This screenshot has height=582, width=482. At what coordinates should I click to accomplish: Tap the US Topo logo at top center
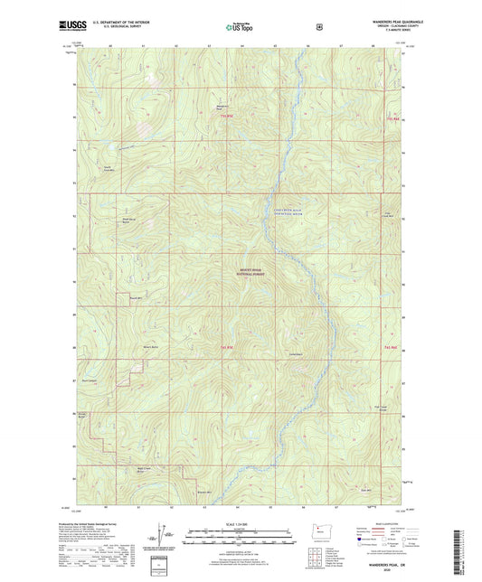pos(240,27)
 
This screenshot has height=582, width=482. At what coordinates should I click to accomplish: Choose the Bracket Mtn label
pos(204,492)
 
